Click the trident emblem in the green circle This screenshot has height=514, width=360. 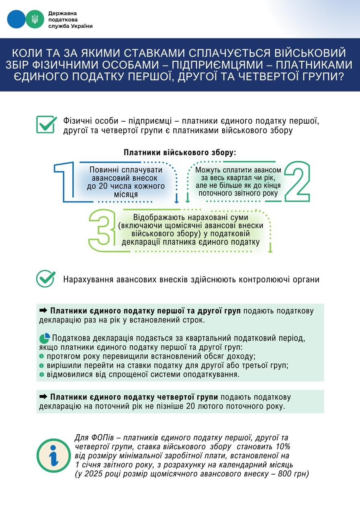[35, 19]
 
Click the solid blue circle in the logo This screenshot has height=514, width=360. [16, 19]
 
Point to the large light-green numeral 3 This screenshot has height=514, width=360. [99, 230]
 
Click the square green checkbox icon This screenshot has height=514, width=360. [47, 124]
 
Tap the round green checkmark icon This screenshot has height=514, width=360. [45, 279]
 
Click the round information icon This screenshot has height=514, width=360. [53, 455]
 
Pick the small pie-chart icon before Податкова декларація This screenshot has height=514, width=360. [45, 338]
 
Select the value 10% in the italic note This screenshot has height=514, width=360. [282, 447]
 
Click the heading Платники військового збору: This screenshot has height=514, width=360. [180, 153]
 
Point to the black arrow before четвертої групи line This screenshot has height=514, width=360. [43, 397]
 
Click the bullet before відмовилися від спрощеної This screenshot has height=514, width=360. [41, 374]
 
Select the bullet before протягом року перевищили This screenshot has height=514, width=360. [41, 356]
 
